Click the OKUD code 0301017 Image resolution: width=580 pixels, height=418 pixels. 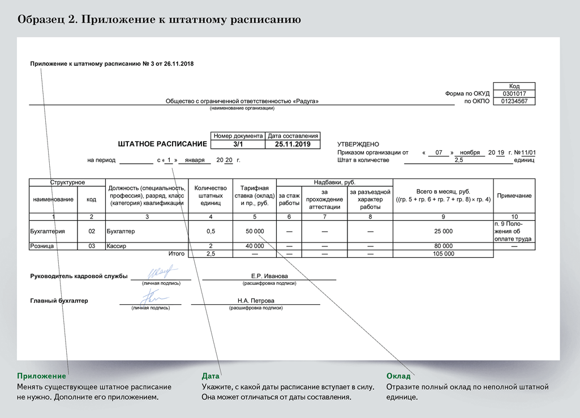coord(514,93)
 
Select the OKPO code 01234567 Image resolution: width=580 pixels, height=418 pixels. coord(514,101)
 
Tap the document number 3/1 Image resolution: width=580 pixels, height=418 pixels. coord(238,144)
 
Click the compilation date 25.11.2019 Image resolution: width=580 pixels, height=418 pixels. coord(293,144)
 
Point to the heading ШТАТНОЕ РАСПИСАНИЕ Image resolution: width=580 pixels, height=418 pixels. coord(162,144)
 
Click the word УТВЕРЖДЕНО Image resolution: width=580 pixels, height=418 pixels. coord(358,144)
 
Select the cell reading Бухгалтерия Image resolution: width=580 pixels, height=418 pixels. coord(48,231)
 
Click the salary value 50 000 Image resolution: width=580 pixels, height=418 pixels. coord(255,231)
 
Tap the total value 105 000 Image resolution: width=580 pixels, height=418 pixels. coord(443,254)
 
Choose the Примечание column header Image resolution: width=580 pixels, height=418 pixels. coord(514,195)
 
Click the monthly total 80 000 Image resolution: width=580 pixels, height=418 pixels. coord(443,246)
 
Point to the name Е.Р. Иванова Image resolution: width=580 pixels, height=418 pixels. coord(269,276)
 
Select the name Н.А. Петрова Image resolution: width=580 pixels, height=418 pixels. coord(256,301)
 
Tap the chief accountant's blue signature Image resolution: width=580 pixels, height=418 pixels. coord(151,296)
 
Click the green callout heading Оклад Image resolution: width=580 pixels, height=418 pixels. coord(398,376)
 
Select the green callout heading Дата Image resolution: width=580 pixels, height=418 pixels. coord(211,376)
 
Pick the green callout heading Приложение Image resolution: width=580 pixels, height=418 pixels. coord(41,376)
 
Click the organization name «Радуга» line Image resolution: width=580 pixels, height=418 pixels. coord(242,101)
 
